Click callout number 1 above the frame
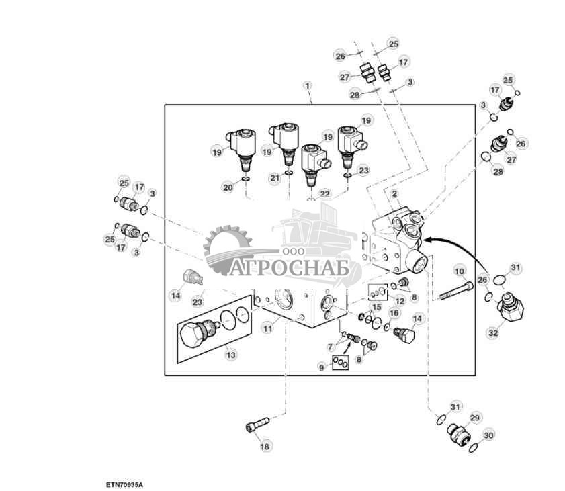pyautogui.click(x=307, y=86)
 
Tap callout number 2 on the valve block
pyautogui.click(x=394, y=194)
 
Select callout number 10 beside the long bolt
pyautogui.click(x=460, y=271)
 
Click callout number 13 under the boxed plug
pyautogui.click(x=231, y=355)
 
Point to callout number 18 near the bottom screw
pyautogui.click(x=265, y=446)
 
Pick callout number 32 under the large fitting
pyautogui.click(x=493, y=332)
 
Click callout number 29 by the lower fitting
pyautogui.click(x=475, y=418)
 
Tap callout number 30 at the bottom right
pyautogui.click(x=488, y=435)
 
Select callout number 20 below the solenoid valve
pyautogui.click(x=228, y=187)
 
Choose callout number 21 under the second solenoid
pyautogui.click(x=275, y=177)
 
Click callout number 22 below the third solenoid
pyautogui.click(x=325, y=194)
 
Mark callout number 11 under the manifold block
pyautogui.click(x=268, y=328)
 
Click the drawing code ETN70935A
pyautogui.click(x=124, y=484)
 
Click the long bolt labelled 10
pyautogui.click(x=456, y=291)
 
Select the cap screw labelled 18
pyautogui.click(x=257, y=424)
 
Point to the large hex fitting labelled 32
pyautogui.click(x=510, y=307)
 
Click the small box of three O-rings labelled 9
pyautogui.click(x=340, y=363)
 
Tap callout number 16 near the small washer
pyautogui.click(x=394, y=313)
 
